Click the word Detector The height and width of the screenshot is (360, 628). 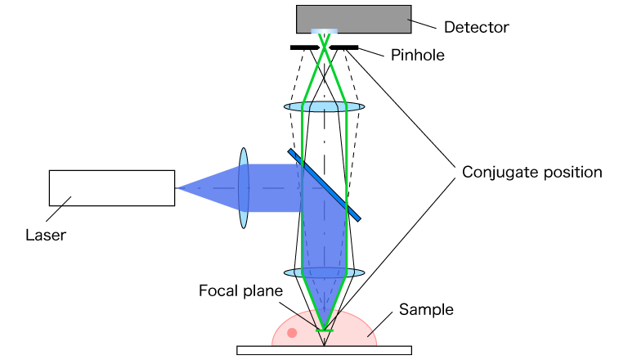point(476,27)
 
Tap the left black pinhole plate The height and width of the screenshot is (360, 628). point(304,47)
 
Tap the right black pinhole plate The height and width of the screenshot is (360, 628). point(344,47)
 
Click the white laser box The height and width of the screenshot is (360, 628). point(112,187)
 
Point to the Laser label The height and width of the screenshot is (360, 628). point(46,235)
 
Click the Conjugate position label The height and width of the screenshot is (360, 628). point(532,173)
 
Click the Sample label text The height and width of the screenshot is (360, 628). point(425,309)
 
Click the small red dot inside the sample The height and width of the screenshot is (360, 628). point(292,333)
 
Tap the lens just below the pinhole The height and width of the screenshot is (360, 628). point(324,106)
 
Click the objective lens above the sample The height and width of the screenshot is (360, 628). point(324,272)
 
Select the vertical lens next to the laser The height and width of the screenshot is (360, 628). point(243,187)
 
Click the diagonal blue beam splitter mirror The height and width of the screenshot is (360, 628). point(325,184)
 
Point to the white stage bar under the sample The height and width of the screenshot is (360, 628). point(324,350)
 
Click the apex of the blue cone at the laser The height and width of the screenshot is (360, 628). point(177,187)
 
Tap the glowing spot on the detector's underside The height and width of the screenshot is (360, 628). point(325,34)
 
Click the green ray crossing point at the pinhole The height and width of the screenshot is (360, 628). point(325,47)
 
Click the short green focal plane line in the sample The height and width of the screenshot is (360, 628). point(325,330)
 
